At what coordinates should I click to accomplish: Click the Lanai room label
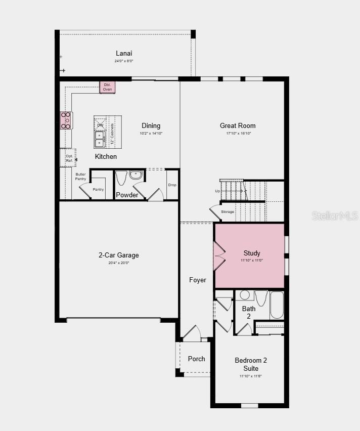(124, 53)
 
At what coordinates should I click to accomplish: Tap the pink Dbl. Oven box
(107, 87)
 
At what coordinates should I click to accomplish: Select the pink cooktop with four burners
(66, 120)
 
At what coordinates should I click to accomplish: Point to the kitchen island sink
(99, 139)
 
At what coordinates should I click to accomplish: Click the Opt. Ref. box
(69, 158)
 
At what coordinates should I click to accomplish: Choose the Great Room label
(238, 125)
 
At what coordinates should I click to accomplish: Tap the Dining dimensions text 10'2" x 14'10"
(151, 134)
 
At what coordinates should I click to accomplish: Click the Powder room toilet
(121, 178)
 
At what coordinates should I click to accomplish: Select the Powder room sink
(136, 175)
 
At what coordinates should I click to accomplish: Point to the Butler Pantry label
(81, 177)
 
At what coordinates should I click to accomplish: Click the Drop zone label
(172, 185)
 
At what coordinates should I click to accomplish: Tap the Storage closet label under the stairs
(228, 211)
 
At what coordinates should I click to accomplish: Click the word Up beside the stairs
(217, 191)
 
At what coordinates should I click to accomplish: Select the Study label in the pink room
(252, 253)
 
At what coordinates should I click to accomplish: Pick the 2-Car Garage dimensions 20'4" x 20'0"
(118, 263)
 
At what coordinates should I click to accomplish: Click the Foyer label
(198, 280)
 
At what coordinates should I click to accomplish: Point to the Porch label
(197, 359)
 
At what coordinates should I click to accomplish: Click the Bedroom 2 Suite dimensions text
(251, 376)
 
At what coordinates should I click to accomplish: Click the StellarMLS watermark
(335, 216)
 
